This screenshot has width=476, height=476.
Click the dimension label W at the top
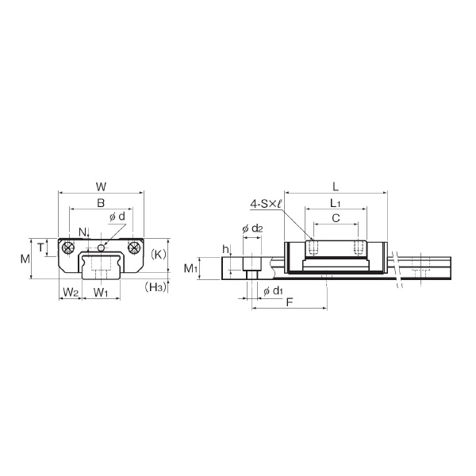point(101,186)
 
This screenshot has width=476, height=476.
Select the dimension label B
point(101,203)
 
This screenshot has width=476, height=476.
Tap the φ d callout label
point(117,217)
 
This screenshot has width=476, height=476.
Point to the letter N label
point(83,232)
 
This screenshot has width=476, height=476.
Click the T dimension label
point(41,248)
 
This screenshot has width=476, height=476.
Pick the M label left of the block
point(25,259)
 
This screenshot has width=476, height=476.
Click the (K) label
point(159,255)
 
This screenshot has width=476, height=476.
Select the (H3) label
point(156,287)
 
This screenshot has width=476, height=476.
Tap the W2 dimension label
point(71,292)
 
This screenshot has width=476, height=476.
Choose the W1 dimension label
point(101,292)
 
